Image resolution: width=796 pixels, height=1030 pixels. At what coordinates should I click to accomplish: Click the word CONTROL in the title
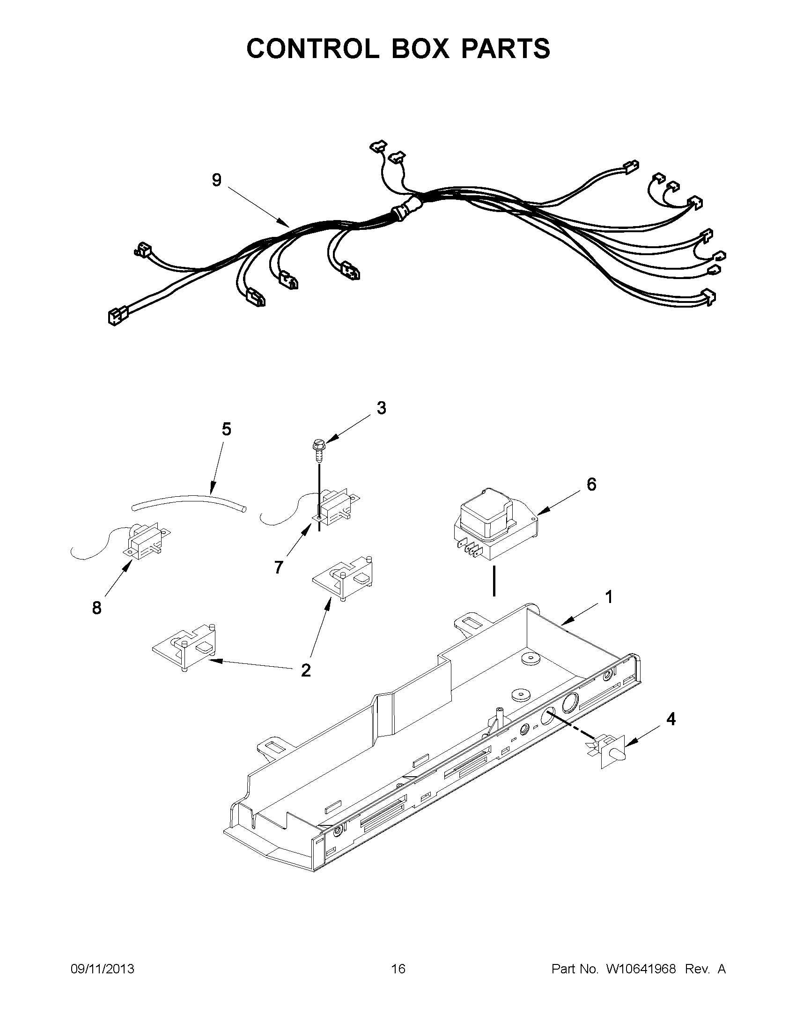[312, 48]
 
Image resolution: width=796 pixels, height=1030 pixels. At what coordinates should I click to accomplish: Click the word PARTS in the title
[506, 48]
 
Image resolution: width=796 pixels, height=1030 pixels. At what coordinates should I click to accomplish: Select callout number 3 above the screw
[381, 407]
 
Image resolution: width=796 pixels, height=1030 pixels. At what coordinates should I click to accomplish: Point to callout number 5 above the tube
[226, 429]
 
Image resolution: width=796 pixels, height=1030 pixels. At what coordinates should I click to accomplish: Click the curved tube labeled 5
[189, 503]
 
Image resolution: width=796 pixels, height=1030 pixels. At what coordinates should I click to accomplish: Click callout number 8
[96, 608]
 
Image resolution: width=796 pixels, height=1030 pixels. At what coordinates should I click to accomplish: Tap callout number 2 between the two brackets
[306, 669]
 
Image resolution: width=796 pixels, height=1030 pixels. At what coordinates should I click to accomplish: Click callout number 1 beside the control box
[609, 597]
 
